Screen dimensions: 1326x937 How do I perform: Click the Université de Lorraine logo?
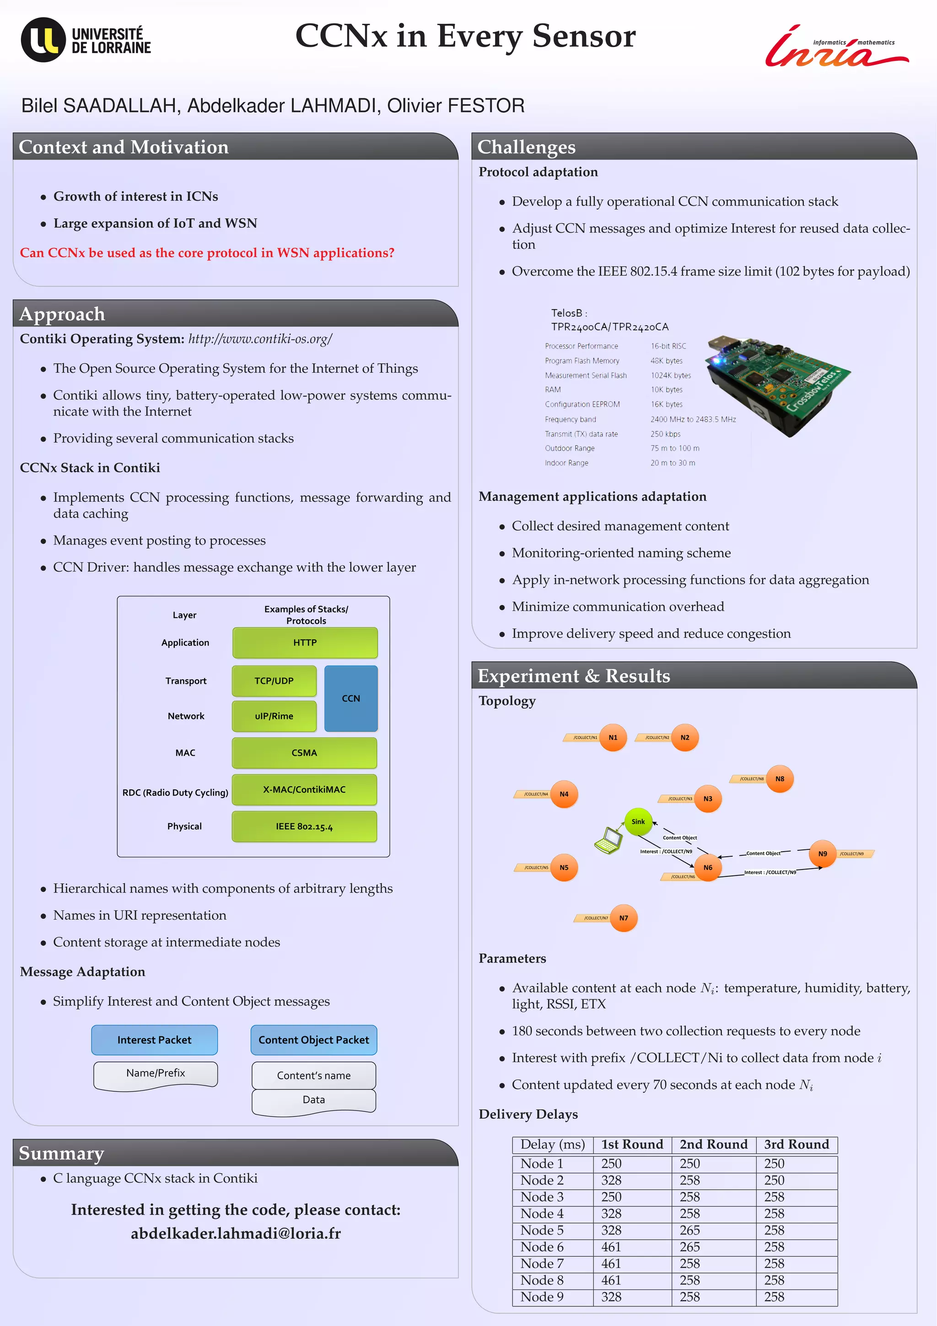pyautogui.click(x=86, y=40)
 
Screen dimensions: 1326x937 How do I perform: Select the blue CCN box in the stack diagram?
pyautogui.click(x=350, y=698)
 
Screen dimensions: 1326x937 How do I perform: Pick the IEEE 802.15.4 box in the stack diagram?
pyautogui.click(x=304, y=827)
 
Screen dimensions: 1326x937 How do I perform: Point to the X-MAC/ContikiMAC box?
pyautogui.click(x=304, y=789)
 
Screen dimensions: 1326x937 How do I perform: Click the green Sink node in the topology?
pyautogui.click(x=638, y=821)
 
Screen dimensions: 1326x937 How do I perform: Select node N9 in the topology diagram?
pyautogui.click(x=822, y=854)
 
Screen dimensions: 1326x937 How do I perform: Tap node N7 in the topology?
pyautogui.click(x=623, y=918)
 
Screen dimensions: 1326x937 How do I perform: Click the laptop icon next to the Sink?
pyautogui.click(x=608, y=840)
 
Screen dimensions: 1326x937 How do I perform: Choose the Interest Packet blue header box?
pyautogui.click(x=154, y=1040)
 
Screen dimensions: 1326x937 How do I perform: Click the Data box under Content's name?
pyautogui.click(x=314, y=1100)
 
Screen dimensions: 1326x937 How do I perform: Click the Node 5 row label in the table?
pyautogui.click(x=542, y=1230)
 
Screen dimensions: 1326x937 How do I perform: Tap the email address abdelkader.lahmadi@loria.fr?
pyautogui.click(x=236, y=1234)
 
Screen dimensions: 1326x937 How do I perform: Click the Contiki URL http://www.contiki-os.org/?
pyautogui.click(x=260, y=338)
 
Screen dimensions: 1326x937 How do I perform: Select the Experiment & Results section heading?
pyautogui.click(x=574, y=676)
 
